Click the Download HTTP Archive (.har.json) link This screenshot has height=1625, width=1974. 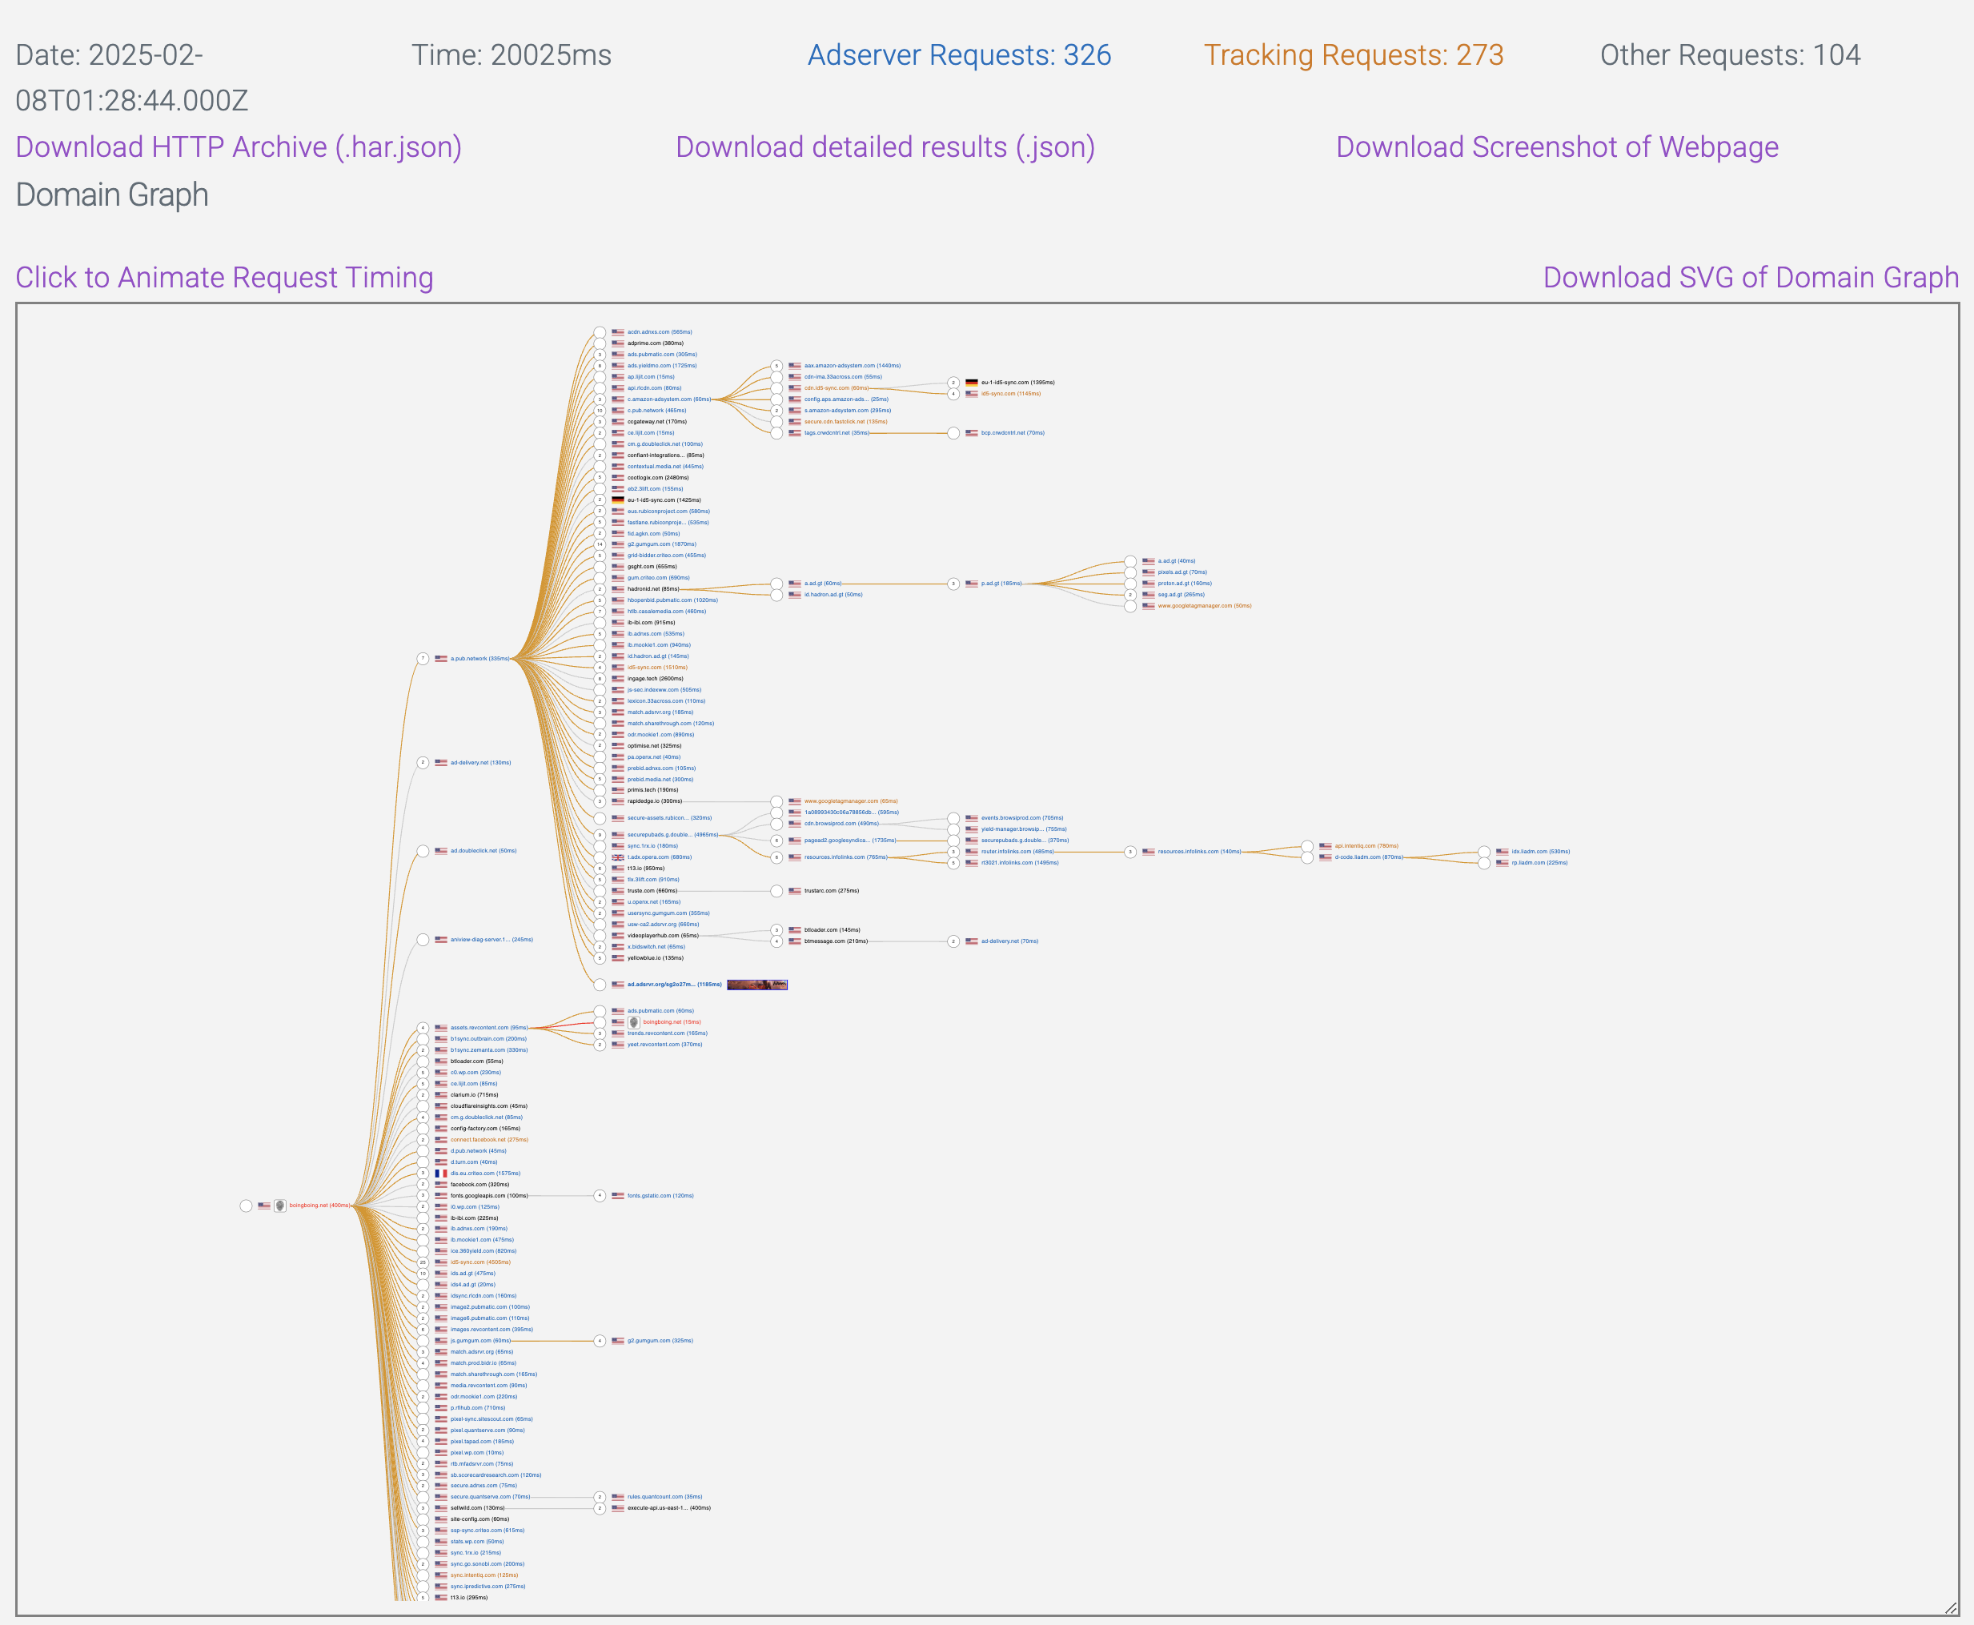tap(239, 147)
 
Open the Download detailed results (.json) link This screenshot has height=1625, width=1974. tap(885, 147)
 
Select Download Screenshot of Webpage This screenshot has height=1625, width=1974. tap(1557, 147)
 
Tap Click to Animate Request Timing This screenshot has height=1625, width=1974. tap(225, 277)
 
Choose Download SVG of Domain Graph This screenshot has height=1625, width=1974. tap(1751, 277)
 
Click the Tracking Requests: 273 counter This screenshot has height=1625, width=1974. tap(1353, 55)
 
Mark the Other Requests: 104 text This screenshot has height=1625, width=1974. tap(1730, 55)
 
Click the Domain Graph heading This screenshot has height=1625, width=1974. tap(112, 195)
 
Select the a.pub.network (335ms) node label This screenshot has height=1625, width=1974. tap(479, 659)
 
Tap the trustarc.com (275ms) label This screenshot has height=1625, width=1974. tap(831, 891)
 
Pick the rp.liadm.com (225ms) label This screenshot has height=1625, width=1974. tap(1539, 863)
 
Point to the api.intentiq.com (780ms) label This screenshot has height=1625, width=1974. tap(1366, 846)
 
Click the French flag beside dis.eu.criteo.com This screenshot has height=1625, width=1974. tap(441, 1174)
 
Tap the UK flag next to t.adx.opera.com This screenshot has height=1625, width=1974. tap(618, 857)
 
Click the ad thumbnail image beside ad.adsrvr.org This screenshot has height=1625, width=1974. tap(756, 985)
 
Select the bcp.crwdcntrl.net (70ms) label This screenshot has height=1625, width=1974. tap(1012, 433)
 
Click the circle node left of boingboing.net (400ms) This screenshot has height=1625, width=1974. tap(247, 1206)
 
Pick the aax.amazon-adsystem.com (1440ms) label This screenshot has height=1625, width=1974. tap(852, 366)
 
